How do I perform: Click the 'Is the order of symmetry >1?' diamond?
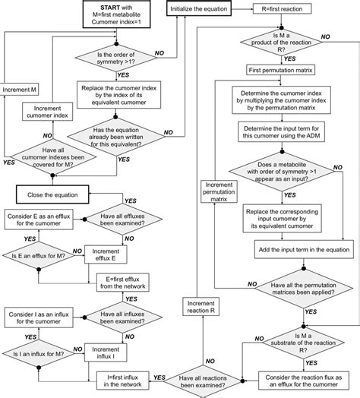coord(122,55)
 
